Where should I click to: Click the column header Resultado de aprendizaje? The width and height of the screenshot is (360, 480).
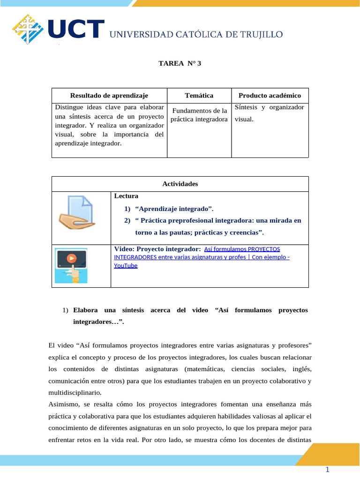click(109, 95)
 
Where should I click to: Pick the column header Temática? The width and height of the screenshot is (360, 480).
click(199, 95)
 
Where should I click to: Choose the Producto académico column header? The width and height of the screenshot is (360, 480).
click(270, 95)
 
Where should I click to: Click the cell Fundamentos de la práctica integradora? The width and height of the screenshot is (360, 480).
click(199, 115)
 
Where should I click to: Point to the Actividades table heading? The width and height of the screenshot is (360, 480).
click(180, 184)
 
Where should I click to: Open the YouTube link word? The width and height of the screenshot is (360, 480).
click(126, 265)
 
